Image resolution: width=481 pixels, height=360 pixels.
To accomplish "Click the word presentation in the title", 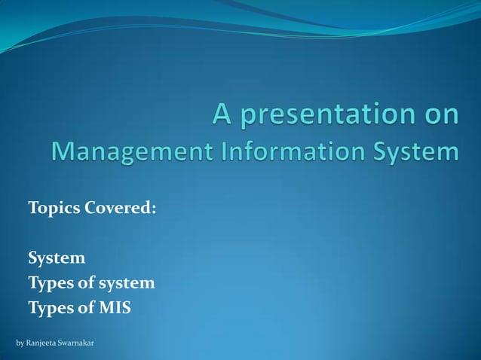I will pyautogui.click(x=326, y=115).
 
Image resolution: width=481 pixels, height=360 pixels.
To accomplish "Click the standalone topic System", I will pyautogui.click(x=57, y=258).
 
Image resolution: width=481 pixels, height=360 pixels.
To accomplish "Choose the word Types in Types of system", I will pyautogui.click(x=48, y=283).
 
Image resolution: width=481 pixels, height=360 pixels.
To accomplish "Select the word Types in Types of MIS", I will pyautogui.click(x=48, y=308).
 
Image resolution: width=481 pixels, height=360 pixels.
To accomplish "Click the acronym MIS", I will pyautogui.click(x=115, y=308).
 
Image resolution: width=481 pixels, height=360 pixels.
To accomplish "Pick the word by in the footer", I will pyautogui.click(x=20, y=343).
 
